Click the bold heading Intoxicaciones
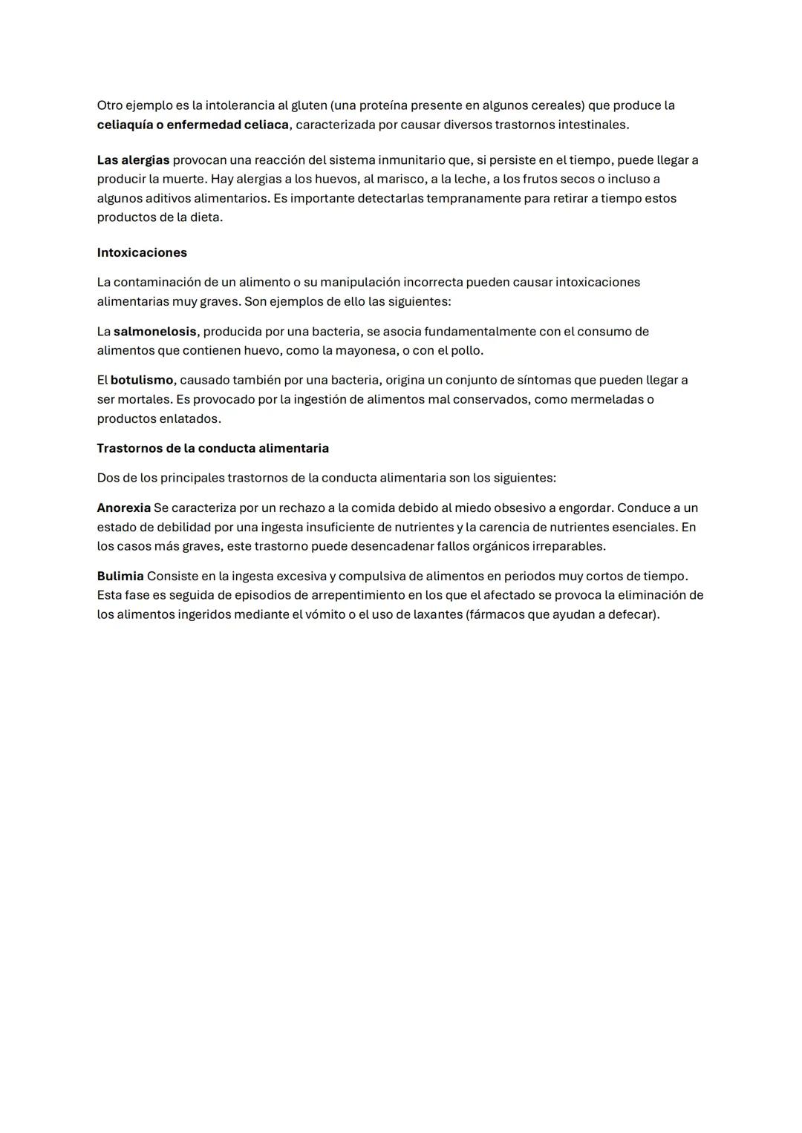click(x=142, y=253)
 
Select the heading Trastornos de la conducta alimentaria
click(x=212, y=449)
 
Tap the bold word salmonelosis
click(x=154, y=332)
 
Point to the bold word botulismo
click(x=141, y=381)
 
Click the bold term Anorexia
click(x=123, y=508)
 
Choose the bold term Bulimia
click(x=120, y=577)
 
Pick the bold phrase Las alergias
click(x=133, y=160)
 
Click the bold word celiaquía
click(x=124, y=125)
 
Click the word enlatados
click(x=192, y=418)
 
